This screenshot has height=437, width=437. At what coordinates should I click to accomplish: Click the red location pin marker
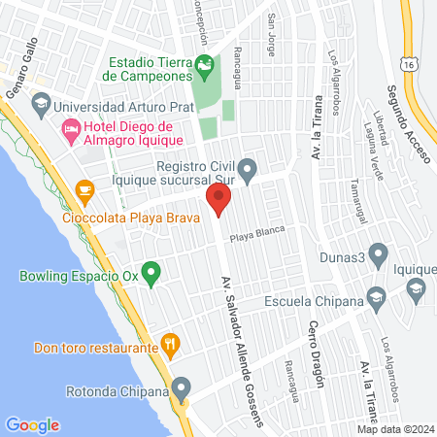pyautogui.click(x=218, y=201)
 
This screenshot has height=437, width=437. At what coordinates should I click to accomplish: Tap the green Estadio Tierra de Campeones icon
pyautogui.click(x=204, y=67)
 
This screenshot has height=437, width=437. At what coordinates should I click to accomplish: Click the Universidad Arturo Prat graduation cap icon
pyautogui.click(x=41, y=103)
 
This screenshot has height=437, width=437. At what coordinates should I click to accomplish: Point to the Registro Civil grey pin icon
pyautogui.click(x=248, y=173)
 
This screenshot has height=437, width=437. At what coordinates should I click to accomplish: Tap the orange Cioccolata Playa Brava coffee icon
pyautogui.click(x=84, y=189)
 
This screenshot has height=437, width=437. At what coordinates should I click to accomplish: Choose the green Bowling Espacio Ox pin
pyautogui.click(x=151, y=274)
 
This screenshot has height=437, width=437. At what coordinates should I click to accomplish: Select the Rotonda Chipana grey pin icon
pyautogui.click(x=179, y=391)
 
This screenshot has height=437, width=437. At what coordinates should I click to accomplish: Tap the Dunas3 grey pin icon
pyautogui.click(x=379, y=255)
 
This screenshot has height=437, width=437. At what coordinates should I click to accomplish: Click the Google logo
pyautogui.click(x=33, y=424)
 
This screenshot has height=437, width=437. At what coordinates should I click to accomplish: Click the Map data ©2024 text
pyautogui.click(x=393, y=429)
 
